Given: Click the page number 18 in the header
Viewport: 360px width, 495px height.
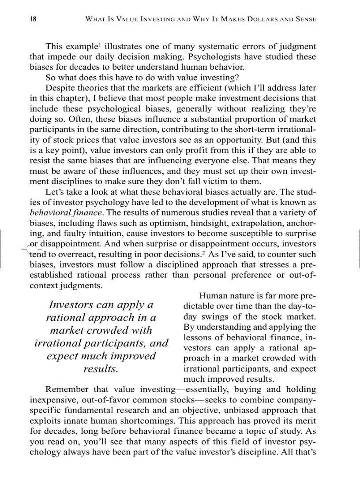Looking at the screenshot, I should tap(33, 19).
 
